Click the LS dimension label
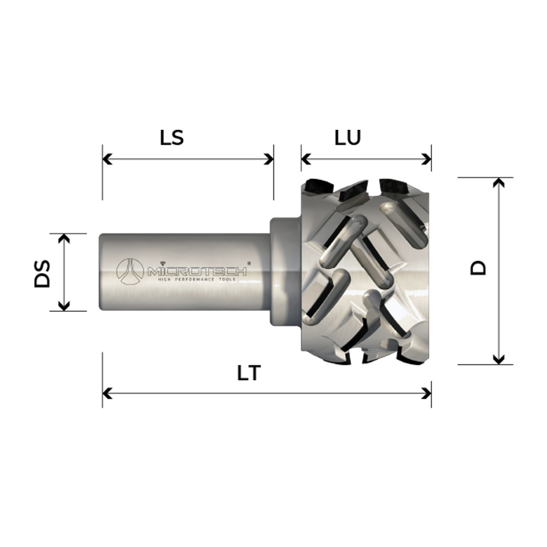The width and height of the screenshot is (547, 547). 172,137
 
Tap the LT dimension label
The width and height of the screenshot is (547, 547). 249,372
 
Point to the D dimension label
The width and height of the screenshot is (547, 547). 478,268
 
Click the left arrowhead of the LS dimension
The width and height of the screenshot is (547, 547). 107,159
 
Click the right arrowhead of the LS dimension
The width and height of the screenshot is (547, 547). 269,159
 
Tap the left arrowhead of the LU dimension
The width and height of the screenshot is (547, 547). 306,159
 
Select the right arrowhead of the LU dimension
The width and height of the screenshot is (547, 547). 427,159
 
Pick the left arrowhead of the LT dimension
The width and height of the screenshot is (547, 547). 107,394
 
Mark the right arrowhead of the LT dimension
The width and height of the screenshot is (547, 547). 427,394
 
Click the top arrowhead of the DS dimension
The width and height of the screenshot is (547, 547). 64,238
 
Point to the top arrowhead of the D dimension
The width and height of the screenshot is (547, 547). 498,182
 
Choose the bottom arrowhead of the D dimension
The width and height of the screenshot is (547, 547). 498,360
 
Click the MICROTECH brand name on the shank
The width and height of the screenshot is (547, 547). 197,271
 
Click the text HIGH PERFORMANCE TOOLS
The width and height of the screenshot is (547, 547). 196,280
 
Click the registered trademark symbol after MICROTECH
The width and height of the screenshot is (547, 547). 249,262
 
